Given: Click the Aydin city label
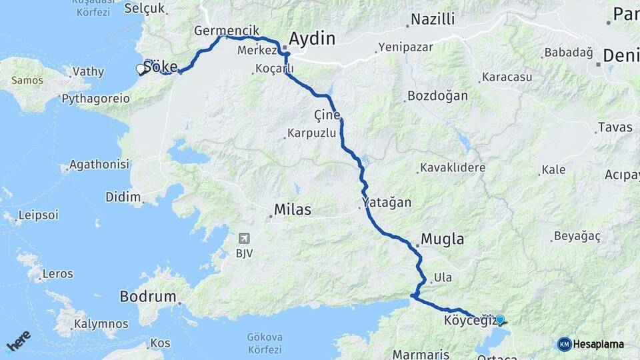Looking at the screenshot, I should click(312, 38).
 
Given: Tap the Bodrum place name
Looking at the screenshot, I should click(148, 296).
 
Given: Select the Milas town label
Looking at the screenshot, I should click(293, 210).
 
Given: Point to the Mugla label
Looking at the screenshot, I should click(443, 239).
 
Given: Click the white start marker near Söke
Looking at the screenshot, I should click(141, 69).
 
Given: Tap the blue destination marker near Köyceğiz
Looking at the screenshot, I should click(500, 319).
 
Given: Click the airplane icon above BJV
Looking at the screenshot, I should click(245, 238).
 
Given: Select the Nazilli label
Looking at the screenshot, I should click(433, 19).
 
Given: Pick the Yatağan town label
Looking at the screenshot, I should click(387, 201).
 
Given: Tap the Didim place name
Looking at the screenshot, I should click(123, 197).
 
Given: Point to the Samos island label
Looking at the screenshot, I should click(27, 80).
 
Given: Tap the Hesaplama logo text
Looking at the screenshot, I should click(598, 344).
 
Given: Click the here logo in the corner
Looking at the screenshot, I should click(19, 340).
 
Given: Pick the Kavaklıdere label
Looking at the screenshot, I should click(453, 167).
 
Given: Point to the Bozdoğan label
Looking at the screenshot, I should click(437, 95).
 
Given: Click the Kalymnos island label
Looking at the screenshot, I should click(101, 324).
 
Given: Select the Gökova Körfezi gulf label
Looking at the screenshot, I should click(265, 342).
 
